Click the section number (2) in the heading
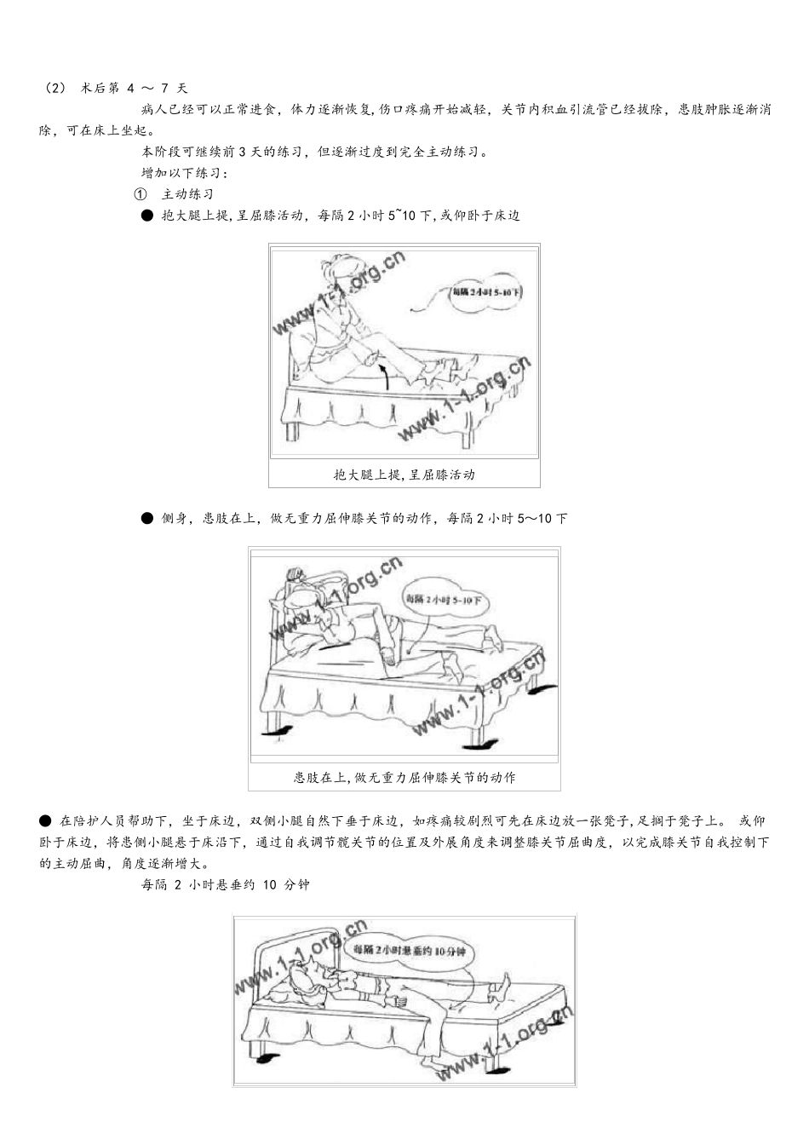54,88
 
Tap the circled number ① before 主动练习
147,194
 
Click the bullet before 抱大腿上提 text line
147,216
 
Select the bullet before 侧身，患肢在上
147,518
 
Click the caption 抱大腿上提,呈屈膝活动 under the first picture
404,475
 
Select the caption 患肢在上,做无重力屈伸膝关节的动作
404,777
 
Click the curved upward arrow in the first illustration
384,376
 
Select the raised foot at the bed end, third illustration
503,987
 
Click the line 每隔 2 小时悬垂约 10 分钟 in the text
225,884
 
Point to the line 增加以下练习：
184,173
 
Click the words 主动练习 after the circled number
187,194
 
